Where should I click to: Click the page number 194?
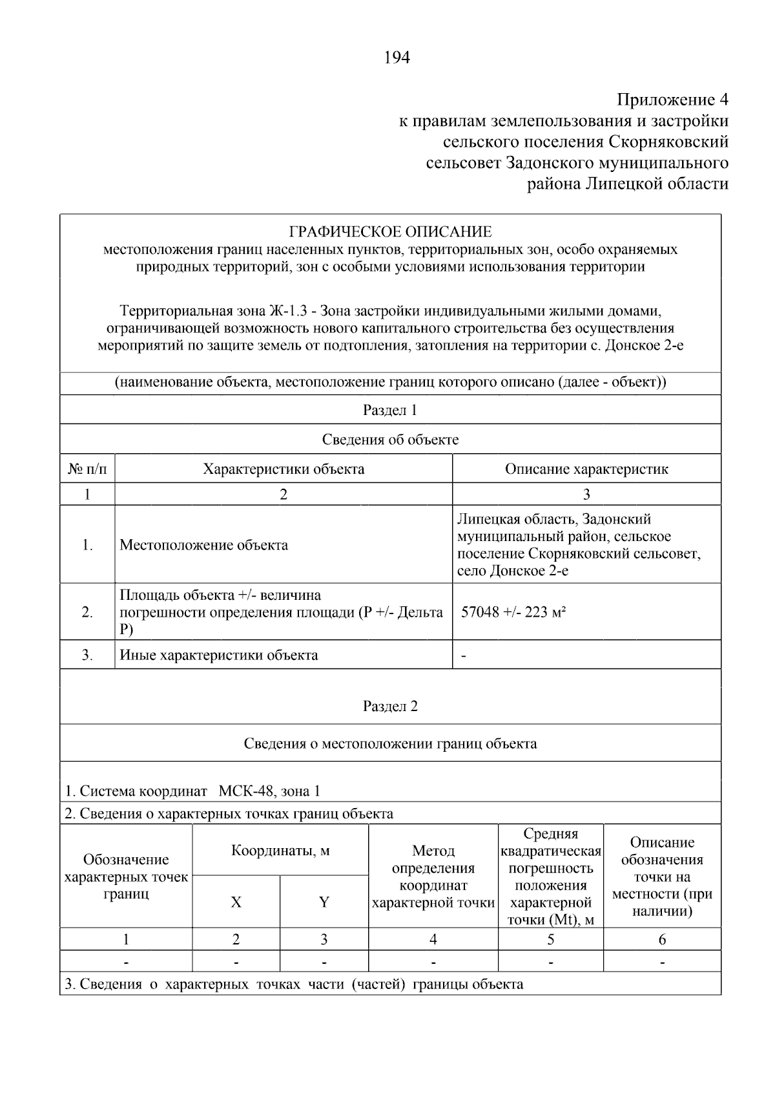click(397, 58)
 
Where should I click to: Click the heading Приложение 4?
click(672, 100)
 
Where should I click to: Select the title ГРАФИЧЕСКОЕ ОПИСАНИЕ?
click(390, 231)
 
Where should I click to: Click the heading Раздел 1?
click(390, 410)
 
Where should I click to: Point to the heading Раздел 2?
click(390, 706)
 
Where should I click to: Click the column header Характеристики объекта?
click(284, 469)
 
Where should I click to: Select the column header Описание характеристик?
click(586, 469)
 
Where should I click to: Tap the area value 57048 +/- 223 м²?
click(513, 612)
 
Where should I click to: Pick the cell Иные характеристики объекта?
click(219, 655)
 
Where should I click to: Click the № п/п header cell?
click(87, 469)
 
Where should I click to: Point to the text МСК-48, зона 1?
click(269, 791)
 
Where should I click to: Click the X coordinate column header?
click(236, 902)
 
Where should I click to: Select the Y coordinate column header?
click(324, 902)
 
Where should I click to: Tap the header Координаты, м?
click(280, 851)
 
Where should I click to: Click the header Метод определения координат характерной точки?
click(433, 877)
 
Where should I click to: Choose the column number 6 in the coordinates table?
click(662, 939)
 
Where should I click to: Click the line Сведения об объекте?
click(390, 440)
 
